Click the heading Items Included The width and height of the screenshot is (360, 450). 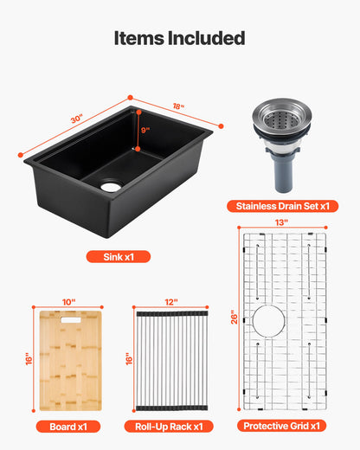[180, 38]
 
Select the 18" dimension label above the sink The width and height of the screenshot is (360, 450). [178, 106]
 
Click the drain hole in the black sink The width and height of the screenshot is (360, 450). [112, 185]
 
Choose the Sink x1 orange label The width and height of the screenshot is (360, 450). [118, 256]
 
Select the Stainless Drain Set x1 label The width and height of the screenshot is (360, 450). [282, 206]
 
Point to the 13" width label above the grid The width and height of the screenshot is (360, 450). [283, 222]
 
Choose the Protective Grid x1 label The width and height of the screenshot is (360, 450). [282, 426]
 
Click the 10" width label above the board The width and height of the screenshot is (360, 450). [69, 302]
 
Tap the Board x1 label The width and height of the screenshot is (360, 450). [69, 426]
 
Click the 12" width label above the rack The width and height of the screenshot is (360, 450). [170, 302]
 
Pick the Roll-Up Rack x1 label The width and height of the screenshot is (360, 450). [170, 426]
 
